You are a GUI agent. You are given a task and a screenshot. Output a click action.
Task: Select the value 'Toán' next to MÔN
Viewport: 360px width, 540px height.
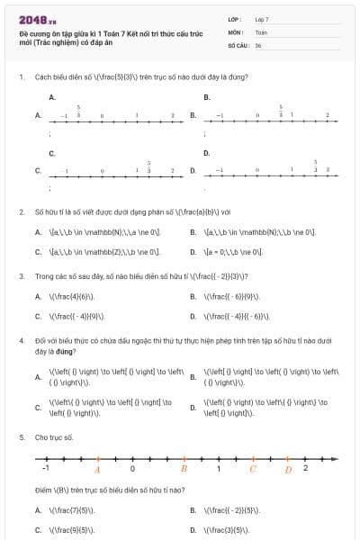(261, 31)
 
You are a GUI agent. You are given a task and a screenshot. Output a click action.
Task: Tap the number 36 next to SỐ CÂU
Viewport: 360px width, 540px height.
(258, 43)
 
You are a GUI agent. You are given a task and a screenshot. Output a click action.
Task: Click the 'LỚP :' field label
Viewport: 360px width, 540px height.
(235, 18)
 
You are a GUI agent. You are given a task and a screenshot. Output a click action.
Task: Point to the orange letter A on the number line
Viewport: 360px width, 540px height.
(97, 469)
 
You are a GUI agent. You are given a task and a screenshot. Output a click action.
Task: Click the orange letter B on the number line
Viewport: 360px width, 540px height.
(184, 469)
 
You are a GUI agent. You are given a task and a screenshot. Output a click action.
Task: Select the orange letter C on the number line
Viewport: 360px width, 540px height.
(253, 469)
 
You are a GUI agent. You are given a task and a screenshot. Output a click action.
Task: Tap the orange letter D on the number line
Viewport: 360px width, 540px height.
(288, 469)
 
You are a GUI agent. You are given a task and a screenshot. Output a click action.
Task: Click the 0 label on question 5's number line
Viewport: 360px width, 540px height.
(132, 469)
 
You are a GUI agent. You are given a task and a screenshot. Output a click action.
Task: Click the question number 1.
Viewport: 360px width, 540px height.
(21, 76)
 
